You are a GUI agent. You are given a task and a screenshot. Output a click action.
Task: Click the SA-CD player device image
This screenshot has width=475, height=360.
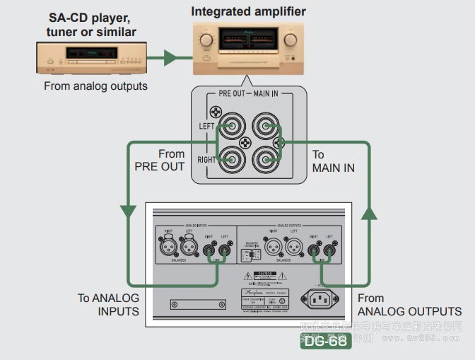point(90,57)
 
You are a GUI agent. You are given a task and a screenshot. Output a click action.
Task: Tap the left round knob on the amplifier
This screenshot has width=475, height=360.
point(206,40)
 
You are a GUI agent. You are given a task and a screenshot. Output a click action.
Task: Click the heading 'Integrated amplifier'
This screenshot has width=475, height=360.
point(249,11)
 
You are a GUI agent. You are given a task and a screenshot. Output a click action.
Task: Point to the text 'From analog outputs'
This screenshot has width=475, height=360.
point(95,86)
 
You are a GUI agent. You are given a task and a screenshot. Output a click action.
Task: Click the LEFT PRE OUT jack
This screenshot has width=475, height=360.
point(233,127)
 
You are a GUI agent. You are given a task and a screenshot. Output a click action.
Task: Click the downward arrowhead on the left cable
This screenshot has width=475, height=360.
point(128,210)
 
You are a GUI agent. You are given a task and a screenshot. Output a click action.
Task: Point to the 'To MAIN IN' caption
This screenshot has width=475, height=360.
point(334,161)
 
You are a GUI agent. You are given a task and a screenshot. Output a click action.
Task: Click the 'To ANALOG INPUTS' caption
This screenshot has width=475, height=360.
point(108,305)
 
